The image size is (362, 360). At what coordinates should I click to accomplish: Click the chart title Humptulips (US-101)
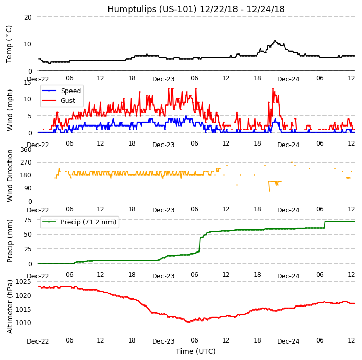[196, 9]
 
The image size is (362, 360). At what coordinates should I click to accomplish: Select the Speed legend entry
[70, 91]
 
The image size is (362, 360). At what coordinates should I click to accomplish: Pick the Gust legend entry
[69, 100]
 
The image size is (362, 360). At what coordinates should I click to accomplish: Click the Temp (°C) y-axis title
[9, 44]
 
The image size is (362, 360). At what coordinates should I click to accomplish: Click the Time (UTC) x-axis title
[196, 351]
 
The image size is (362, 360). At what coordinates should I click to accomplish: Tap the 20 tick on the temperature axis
[28, 17]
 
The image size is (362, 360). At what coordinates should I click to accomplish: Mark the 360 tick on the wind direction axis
[26, 150]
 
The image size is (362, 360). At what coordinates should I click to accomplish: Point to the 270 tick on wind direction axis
[26, 163]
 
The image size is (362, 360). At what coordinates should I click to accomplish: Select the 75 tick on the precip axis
[28, 219]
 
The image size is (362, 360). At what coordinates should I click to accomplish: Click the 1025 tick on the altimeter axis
[24, 282]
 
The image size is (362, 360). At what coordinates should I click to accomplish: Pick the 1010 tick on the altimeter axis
[24, 323]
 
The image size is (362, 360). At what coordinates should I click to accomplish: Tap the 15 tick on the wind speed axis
[28, 82]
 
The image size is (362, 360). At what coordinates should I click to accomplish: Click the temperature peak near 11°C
[275, 41]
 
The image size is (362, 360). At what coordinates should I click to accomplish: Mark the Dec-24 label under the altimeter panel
[288, 341]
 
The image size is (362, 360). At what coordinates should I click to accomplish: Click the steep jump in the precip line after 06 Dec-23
[200, 244]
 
